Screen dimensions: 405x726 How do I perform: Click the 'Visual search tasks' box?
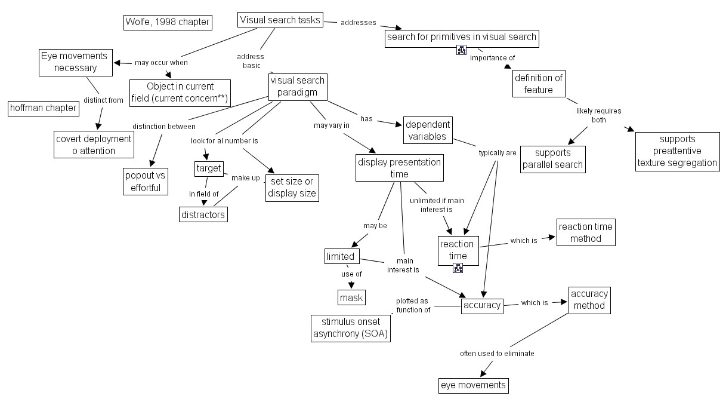click(x=280, y=20)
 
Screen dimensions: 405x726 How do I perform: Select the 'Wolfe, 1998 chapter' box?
click(x=168, y=23)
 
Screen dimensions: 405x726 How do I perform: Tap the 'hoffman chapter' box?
click(x=44, y=108)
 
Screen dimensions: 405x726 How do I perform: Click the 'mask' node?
click(x=351, y=297)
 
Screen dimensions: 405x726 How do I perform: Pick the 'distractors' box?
click(x=203, y=214)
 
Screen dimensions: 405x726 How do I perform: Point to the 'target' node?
click(x=209, y=169)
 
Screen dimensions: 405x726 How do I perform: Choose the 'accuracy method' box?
click(x=589, y=300)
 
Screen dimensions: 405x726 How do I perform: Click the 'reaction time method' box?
click(x=585, y=232)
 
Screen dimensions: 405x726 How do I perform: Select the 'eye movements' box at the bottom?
click(x=473, y=385)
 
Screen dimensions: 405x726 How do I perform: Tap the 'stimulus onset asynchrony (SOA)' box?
click(x=351, y=328)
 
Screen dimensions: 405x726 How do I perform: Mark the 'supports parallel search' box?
click(x=552, y=159)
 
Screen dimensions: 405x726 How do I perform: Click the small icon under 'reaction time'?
click(x=458, y=268)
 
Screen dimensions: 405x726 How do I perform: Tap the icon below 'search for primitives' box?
click(x=461, y=50)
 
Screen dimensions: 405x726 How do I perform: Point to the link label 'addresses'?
click(x=358, y=23)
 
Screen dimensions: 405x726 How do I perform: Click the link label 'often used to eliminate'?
click(x=497, y=354)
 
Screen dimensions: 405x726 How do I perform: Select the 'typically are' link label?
click(x=498, y=153)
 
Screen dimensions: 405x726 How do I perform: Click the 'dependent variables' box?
click(x=428, y=131)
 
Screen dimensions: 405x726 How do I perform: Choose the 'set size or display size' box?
click(x=291, y=188)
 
